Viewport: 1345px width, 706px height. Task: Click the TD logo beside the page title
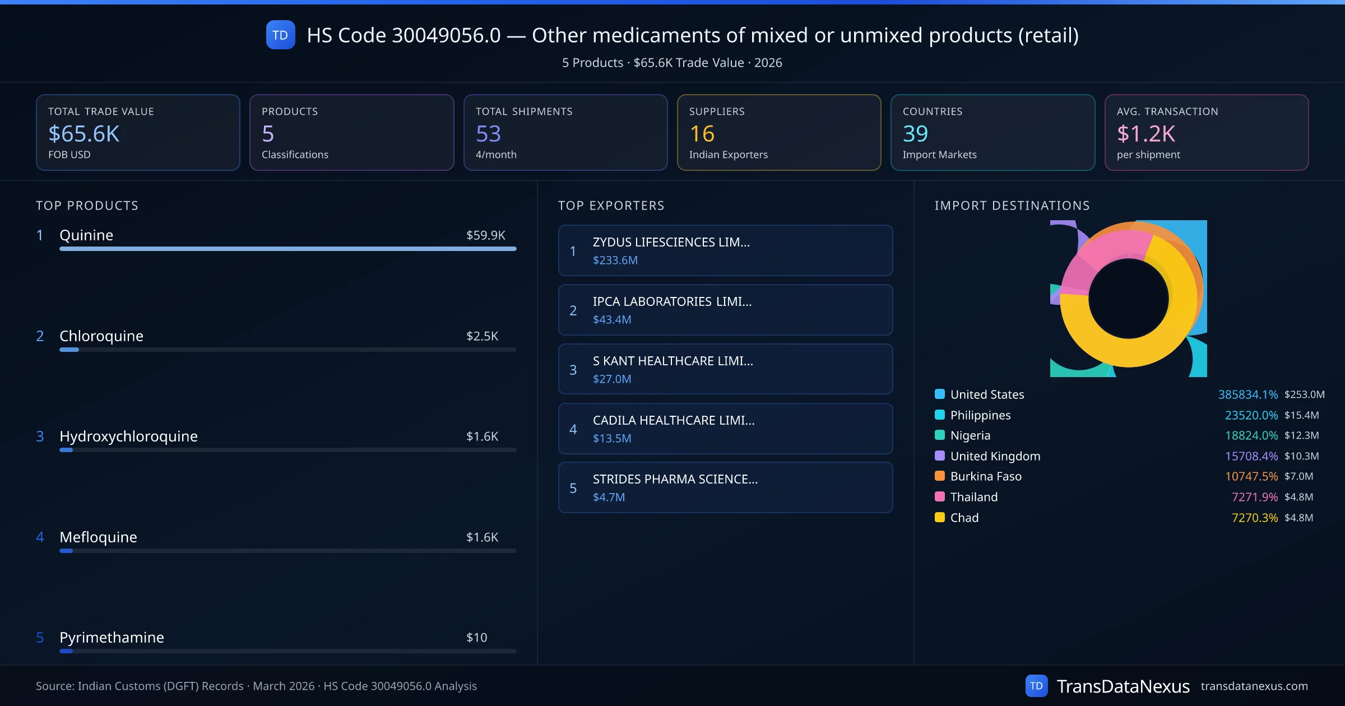pos(280,35)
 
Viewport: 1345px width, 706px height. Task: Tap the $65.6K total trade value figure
pos(84,134)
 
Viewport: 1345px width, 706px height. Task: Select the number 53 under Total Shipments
pos(488,134)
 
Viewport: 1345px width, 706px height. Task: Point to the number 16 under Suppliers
pos(702,134)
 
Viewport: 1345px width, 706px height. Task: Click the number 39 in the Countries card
pos(915,134)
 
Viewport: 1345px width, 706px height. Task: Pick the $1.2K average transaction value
pos(1145,134)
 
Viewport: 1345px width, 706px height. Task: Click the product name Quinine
pos(86,235)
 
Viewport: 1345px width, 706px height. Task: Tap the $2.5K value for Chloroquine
pos(482,336)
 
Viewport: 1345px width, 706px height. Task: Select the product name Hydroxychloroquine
pos(128,436)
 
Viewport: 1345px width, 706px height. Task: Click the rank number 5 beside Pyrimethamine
pos(40,638)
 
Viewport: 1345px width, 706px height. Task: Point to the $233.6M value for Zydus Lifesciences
pos(615,261)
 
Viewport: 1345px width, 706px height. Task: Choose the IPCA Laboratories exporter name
pos(672,301)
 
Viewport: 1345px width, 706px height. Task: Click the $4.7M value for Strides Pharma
pos(609,498)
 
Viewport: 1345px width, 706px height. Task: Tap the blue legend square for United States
pos(940,394)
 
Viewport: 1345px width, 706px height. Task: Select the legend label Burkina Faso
pos(986,477)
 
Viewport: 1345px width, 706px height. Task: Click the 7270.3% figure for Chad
pos(1254,518)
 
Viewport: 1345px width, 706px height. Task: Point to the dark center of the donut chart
pos(1128,299)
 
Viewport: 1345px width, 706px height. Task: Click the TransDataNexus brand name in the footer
pos(1123,686)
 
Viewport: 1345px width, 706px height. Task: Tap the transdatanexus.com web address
pos(1254,686)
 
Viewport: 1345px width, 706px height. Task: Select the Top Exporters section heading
pos(611,206)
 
